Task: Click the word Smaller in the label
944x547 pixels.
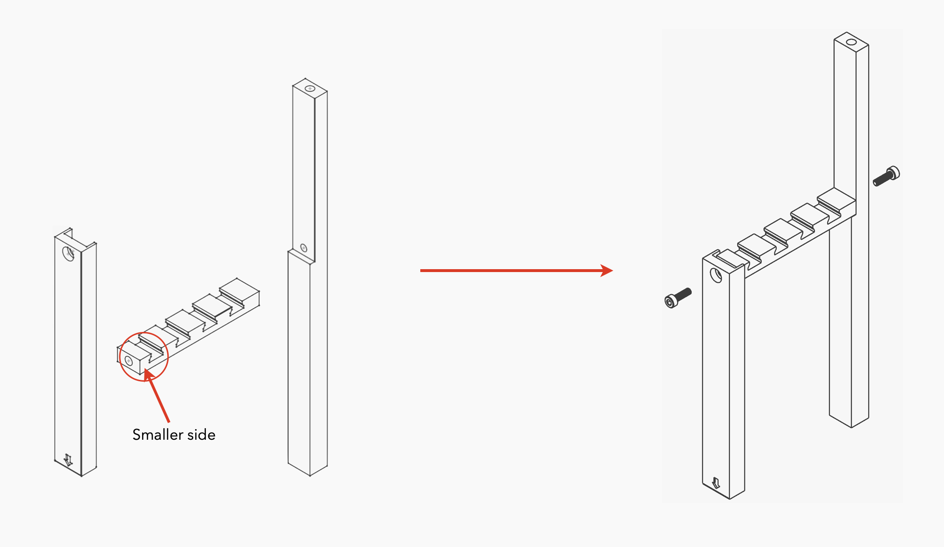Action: pos(157,434)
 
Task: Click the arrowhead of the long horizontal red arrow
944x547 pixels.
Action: pos(607,271)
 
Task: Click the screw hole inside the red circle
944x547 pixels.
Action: pos(129,360)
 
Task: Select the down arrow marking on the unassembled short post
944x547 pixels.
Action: pos(68,460)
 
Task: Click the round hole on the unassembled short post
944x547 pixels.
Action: pos(69,254)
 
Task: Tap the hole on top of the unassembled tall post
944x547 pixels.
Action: pos(310,89)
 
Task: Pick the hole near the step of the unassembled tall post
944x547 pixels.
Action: pos(303,248)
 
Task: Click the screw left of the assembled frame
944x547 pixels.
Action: pos(677,298)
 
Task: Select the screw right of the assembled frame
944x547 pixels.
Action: pos(886,176)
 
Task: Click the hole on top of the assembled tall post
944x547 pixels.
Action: pos(851,42)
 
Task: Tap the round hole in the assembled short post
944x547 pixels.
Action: pos(715,275)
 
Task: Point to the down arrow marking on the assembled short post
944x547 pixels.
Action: pos(716,483)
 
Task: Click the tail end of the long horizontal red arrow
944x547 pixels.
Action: pos(421,271)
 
